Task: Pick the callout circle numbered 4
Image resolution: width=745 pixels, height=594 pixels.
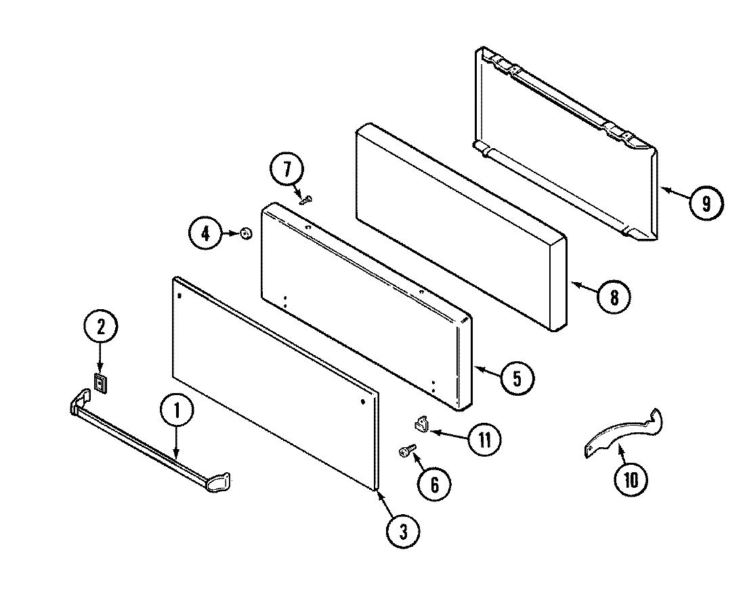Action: pos(205,234)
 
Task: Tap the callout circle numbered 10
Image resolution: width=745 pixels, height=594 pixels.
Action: pos(631,480)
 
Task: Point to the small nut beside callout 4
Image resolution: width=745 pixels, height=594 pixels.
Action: pos(246,234)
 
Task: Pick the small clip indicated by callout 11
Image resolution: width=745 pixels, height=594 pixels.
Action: pos(422,425)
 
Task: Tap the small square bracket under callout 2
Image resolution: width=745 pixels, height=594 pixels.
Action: pos(100,383)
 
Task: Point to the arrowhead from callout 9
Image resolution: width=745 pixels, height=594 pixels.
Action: pos(663,190)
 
